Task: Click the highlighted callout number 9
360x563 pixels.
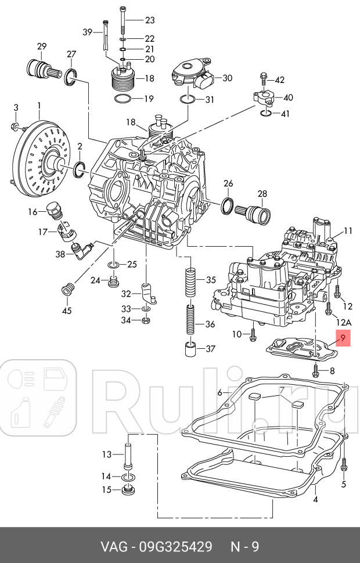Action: pos(343,338)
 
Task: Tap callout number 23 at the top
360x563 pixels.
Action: pos(150,20)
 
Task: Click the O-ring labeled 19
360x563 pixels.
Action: pos(123,99)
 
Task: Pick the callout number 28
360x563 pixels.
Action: pos(262,194)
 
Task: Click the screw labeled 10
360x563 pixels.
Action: pos(253,334)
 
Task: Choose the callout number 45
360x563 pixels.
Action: pos(67,311)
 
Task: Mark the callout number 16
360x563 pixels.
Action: pos(33,212)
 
